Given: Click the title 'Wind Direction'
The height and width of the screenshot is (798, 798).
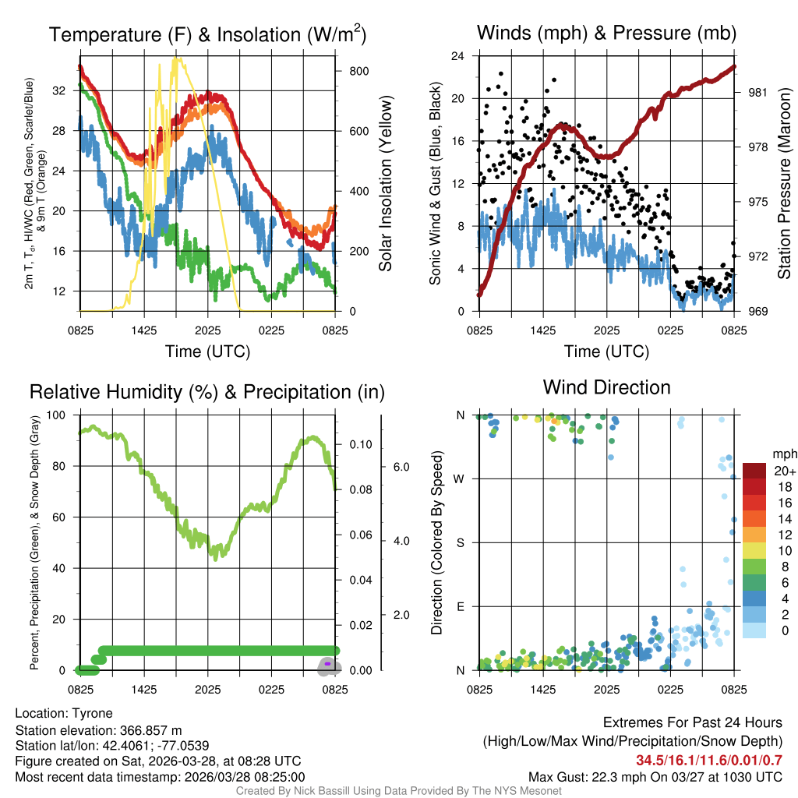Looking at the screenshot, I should click(x=606, y=387).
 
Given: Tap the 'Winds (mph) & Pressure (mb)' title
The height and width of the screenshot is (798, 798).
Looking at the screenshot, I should click(x=606, y=33).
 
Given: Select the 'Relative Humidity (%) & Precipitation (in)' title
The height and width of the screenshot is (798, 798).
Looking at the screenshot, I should click(x=207, y=392).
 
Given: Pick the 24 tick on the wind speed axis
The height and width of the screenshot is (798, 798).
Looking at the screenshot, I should click(x=458, y=56).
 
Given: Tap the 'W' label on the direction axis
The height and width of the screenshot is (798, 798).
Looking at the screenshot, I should click(x=460, y=478).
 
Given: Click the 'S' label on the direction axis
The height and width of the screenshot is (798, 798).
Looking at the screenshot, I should click(x=460, y=542).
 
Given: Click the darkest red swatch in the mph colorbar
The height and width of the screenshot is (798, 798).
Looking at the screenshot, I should click(x=754, y=471).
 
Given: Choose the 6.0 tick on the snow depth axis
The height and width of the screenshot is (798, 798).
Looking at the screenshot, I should click(x=401, y=467).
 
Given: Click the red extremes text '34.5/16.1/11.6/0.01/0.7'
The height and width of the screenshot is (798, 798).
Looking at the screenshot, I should click(x=709, y=761).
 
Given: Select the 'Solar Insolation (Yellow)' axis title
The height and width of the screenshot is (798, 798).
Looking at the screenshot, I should click(x=385, y=184).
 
